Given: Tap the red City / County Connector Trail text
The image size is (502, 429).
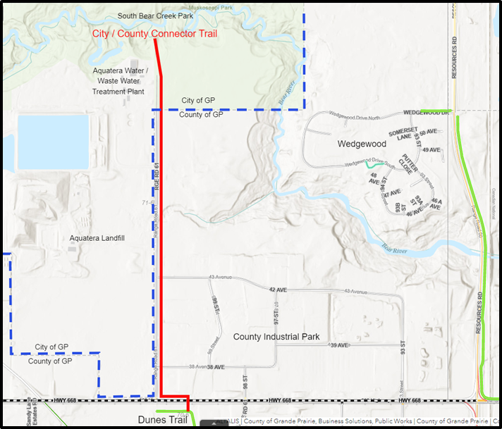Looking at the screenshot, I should [x=154, y=33].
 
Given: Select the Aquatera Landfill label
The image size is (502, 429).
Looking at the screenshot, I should [x=97, y=238].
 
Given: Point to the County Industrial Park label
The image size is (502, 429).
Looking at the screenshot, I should [x=276, y=337].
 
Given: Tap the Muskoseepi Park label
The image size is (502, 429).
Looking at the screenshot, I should [x=207, y=7].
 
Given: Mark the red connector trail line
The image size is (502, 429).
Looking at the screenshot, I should [x=161, y=211].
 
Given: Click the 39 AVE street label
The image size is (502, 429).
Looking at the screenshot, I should [x=340, y=345].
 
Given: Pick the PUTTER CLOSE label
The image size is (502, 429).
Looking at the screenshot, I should [x=405, y=166].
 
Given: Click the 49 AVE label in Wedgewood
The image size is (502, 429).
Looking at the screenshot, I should [x=431, y=150].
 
